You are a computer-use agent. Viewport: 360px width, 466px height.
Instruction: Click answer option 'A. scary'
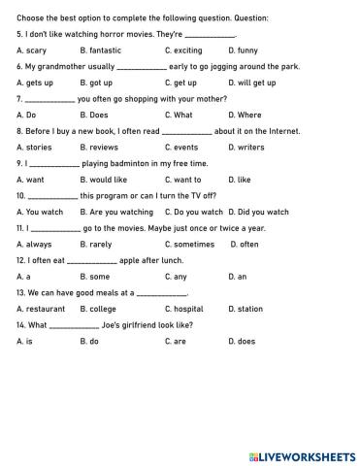32,50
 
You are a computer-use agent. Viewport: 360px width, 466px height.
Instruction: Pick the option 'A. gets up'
35,83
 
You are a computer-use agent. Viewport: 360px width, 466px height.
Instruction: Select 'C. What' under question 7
179,115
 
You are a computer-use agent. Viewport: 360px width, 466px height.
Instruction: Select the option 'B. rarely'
96,244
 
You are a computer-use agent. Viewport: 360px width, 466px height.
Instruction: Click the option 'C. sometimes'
189,244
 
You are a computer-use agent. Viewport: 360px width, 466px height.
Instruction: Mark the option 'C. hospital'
184,309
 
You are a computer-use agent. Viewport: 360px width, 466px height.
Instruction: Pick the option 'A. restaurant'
39,309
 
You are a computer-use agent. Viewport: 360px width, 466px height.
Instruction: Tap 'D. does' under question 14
242,341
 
